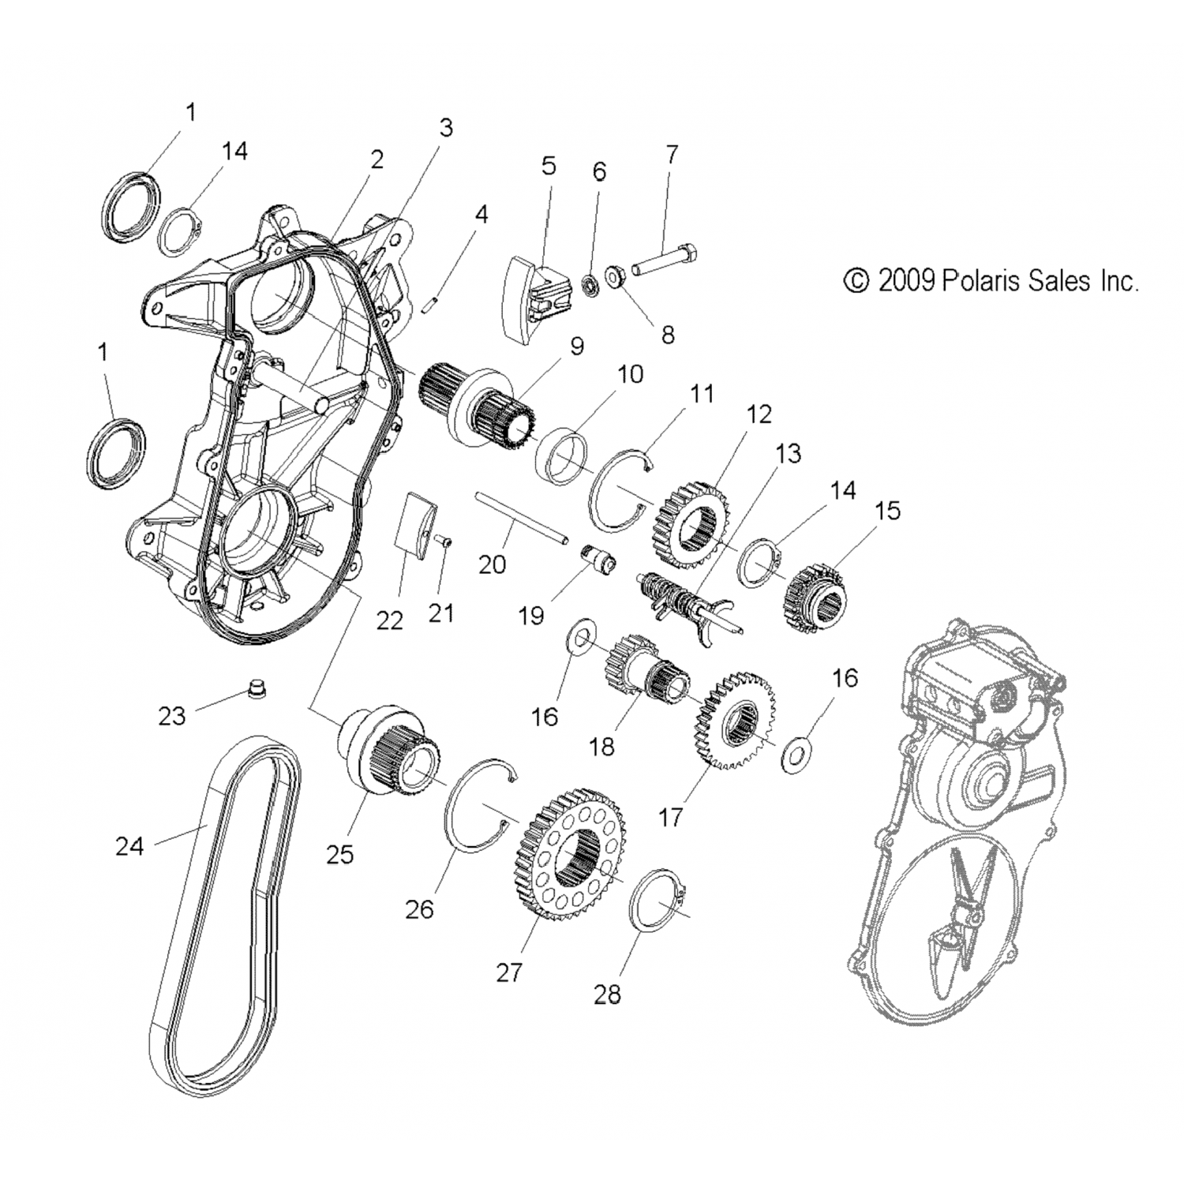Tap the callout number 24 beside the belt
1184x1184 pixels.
[129, 846]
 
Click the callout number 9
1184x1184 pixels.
[576, 347]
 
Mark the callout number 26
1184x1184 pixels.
[419, 909]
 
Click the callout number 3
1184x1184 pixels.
[446, 126]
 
